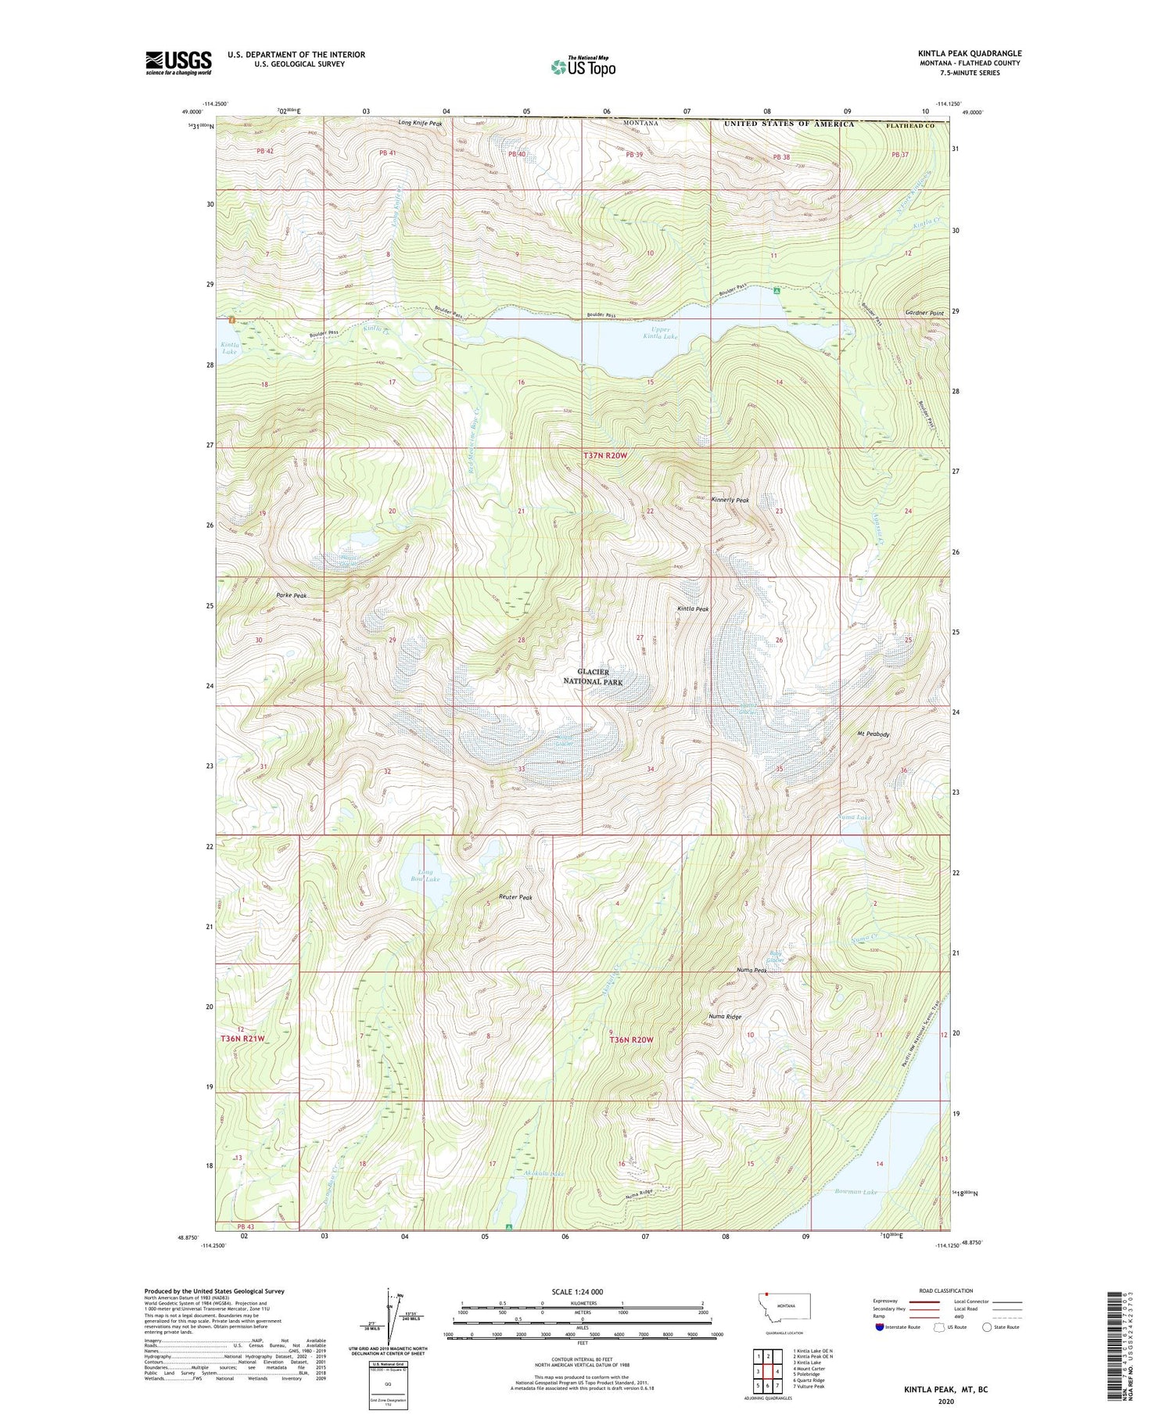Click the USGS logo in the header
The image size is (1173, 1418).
pos(178,63)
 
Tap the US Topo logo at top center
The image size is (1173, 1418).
pos(583,67)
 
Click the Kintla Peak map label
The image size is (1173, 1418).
pos(693,608)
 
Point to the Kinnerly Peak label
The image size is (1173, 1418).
pos(730,500)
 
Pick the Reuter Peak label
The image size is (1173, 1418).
pos(515,897)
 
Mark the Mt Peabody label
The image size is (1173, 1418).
pos(873,734)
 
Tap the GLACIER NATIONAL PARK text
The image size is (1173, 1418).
pos(593,677)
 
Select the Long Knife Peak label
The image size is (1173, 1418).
pos(420,124)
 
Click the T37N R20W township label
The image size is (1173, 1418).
pos(604,455)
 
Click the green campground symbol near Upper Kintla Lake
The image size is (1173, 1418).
pos(777,290)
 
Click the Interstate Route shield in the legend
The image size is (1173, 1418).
pos(880,1326)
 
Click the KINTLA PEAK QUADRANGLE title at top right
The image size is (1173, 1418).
pos(969,53)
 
